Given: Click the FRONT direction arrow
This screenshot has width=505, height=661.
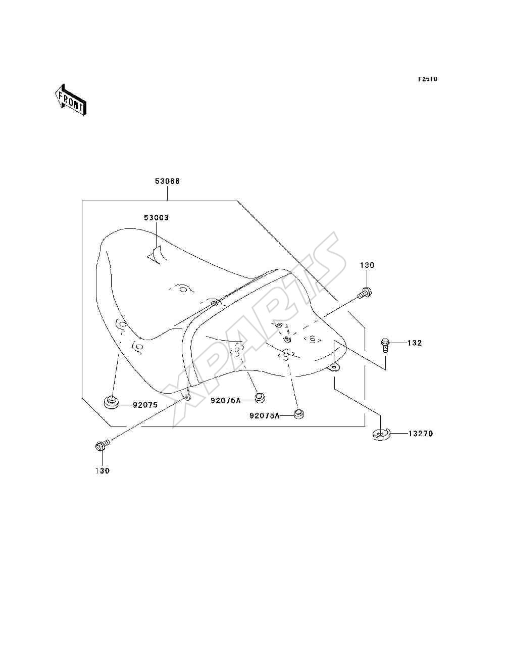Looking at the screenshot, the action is pyautogui.click(x=71, y=100).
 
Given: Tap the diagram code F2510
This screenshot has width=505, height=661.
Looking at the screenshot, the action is pyautogui.click(x=427, y=79).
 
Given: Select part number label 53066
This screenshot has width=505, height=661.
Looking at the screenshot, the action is pyautogui.click(x=167, y=181).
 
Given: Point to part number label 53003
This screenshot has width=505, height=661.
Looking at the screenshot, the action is pyautogui.click(x=156, y=217).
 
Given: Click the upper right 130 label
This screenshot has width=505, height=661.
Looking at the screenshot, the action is pyautogui.click(x=367, y=265).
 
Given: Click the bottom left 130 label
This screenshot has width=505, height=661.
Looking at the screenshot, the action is pyautogui.click(x=103, y=470).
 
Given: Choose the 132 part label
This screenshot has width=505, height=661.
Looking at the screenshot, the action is pyautogui.click(x=415, y=343).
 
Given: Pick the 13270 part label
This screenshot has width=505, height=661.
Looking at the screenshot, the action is pyautogui.click(x=421, y=433).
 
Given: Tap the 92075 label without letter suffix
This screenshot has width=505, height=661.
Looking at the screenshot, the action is pyautogui.click(x=145, y=405).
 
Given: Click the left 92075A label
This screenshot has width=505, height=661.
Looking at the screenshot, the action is pyautogui.click(x=226, y=401).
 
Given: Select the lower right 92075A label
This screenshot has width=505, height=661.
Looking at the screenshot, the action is pyautogui.click(x=265, y=415).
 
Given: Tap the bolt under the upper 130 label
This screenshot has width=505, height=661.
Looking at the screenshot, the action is pyautogui.click(x=365, y=293).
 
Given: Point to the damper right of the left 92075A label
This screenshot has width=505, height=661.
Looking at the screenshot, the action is pyautogui.click(x=259, y=398).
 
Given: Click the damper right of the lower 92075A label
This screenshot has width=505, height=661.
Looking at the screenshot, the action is pyautogui.click(x=298, y=413).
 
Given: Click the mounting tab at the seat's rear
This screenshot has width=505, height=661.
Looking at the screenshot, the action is pyautogui.click(x=334, y=367).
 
